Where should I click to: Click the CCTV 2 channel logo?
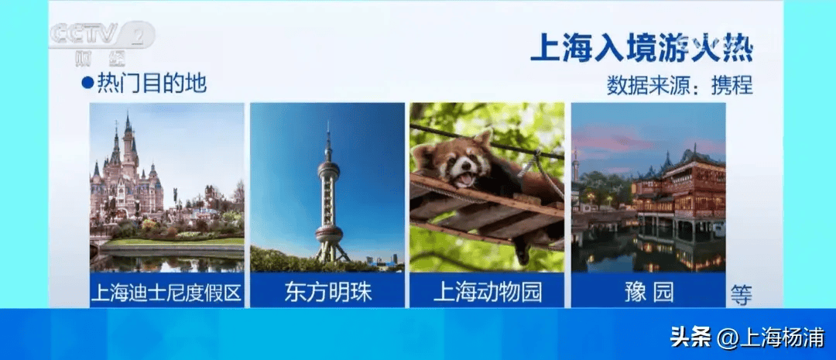[101, 42]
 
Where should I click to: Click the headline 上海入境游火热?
[642, 49]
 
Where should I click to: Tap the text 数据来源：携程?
[680, 85]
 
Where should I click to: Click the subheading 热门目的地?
[152, 84]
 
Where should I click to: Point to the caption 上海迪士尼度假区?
[167, 293]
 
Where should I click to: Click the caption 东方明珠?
[328, 293]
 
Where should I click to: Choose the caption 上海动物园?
[488, 293]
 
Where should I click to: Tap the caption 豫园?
[649, 293]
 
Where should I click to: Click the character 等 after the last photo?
[741, 295]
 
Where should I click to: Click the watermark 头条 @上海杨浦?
[747, 338]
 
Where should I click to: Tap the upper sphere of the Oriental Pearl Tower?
[328, 170]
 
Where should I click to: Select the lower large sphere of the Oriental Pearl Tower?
[329, 234]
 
